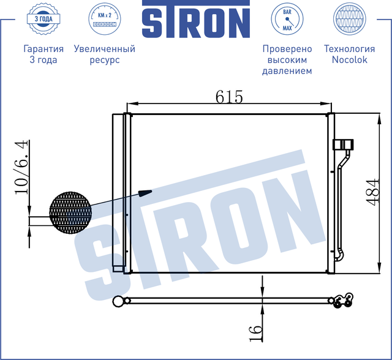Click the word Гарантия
click(43, 49)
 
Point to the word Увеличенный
click(104, 49)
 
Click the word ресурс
click(104, 60)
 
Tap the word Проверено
click(287, 49)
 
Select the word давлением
click(287, 71)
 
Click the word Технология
click(349, 49)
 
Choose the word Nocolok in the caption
click(349, 60)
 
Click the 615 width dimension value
click(229, 96)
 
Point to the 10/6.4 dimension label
click(22, 167)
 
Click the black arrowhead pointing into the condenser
click(145, 193)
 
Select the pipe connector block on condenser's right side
click(342, 144)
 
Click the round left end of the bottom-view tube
click(118, 301)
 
